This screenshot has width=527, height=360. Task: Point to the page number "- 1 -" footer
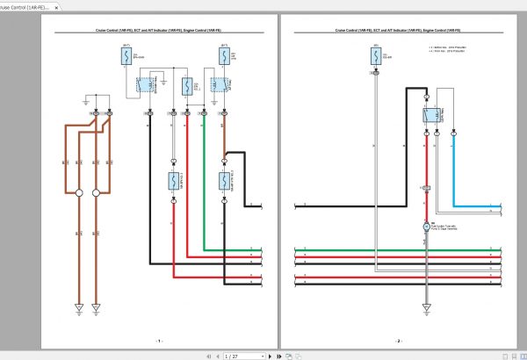point(159,340)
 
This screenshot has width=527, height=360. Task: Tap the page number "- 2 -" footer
point(399,340)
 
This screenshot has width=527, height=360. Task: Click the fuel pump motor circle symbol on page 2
point(426,227)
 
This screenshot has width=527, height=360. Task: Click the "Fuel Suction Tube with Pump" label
point(446,227)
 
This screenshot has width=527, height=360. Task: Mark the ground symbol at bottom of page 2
point(426,306)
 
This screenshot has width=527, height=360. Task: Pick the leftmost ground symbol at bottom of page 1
point(79,307)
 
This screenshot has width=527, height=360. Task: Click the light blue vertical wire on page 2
point(454,167)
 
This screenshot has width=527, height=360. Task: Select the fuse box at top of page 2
point(376,58)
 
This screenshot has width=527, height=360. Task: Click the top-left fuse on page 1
point(126,57)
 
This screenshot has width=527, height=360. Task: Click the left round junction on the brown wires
point(79,192)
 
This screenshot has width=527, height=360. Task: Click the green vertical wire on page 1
point(204,184)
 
